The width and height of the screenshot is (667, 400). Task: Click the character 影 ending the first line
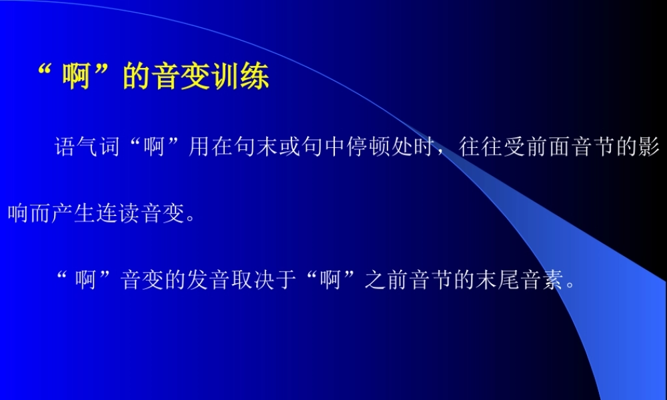pyautogui.click(x=650, y=147)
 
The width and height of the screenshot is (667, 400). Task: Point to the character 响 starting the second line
pyautogui.click(x=18, y=215)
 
